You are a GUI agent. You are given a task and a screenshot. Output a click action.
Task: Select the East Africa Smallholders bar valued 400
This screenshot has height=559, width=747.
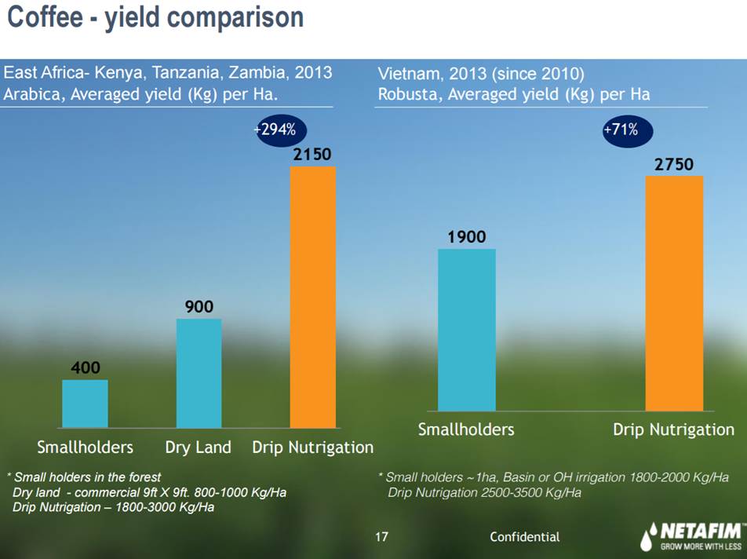85,404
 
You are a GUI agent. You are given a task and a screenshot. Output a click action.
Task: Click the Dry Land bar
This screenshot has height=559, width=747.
199,373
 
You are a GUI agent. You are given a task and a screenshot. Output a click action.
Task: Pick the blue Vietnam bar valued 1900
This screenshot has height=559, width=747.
466,330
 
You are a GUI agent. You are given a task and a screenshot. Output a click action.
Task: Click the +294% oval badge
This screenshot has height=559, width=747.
279,130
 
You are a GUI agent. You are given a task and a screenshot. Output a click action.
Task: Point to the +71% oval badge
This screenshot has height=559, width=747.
625,130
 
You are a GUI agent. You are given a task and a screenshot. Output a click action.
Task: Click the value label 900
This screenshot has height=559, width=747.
199,306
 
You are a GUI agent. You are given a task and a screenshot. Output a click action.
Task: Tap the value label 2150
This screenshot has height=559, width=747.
312,155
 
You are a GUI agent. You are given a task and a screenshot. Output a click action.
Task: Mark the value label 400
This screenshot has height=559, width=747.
85,367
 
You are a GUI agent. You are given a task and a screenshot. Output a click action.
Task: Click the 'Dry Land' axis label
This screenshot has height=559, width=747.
199,448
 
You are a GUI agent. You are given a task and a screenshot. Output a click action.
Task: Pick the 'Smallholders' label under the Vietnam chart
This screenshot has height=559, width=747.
466,429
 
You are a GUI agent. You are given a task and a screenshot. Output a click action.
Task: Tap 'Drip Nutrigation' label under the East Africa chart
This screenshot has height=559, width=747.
312,448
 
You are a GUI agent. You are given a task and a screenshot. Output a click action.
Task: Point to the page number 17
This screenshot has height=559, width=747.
381,537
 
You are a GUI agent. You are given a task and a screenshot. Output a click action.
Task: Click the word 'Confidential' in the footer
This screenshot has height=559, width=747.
524,537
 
